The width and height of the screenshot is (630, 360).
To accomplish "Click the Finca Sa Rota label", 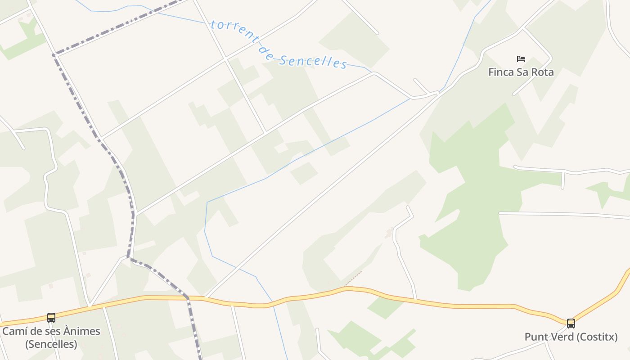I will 521,72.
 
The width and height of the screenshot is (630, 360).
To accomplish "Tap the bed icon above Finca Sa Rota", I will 521,59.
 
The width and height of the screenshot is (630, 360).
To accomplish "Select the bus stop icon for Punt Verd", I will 571,323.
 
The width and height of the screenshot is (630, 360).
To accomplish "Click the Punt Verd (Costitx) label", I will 571,337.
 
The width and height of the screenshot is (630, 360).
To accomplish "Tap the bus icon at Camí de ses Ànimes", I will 51,318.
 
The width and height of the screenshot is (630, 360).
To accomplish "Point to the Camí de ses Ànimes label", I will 51,332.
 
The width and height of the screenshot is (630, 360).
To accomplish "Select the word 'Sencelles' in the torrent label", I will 312,61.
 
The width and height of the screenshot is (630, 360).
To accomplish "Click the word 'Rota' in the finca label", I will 542,72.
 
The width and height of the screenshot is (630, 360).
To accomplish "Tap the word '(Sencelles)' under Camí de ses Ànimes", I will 51,344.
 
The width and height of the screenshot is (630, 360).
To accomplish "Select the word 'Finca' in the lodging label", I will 501,72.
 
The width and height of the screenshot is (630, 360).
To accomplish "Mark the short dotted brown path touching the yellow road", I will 353,279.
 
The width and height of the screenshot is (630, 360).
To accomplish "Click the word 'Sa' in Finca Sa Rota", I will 522,72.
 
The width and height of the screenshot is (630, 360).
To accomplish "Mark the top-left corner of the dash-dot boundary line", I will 54,55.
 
